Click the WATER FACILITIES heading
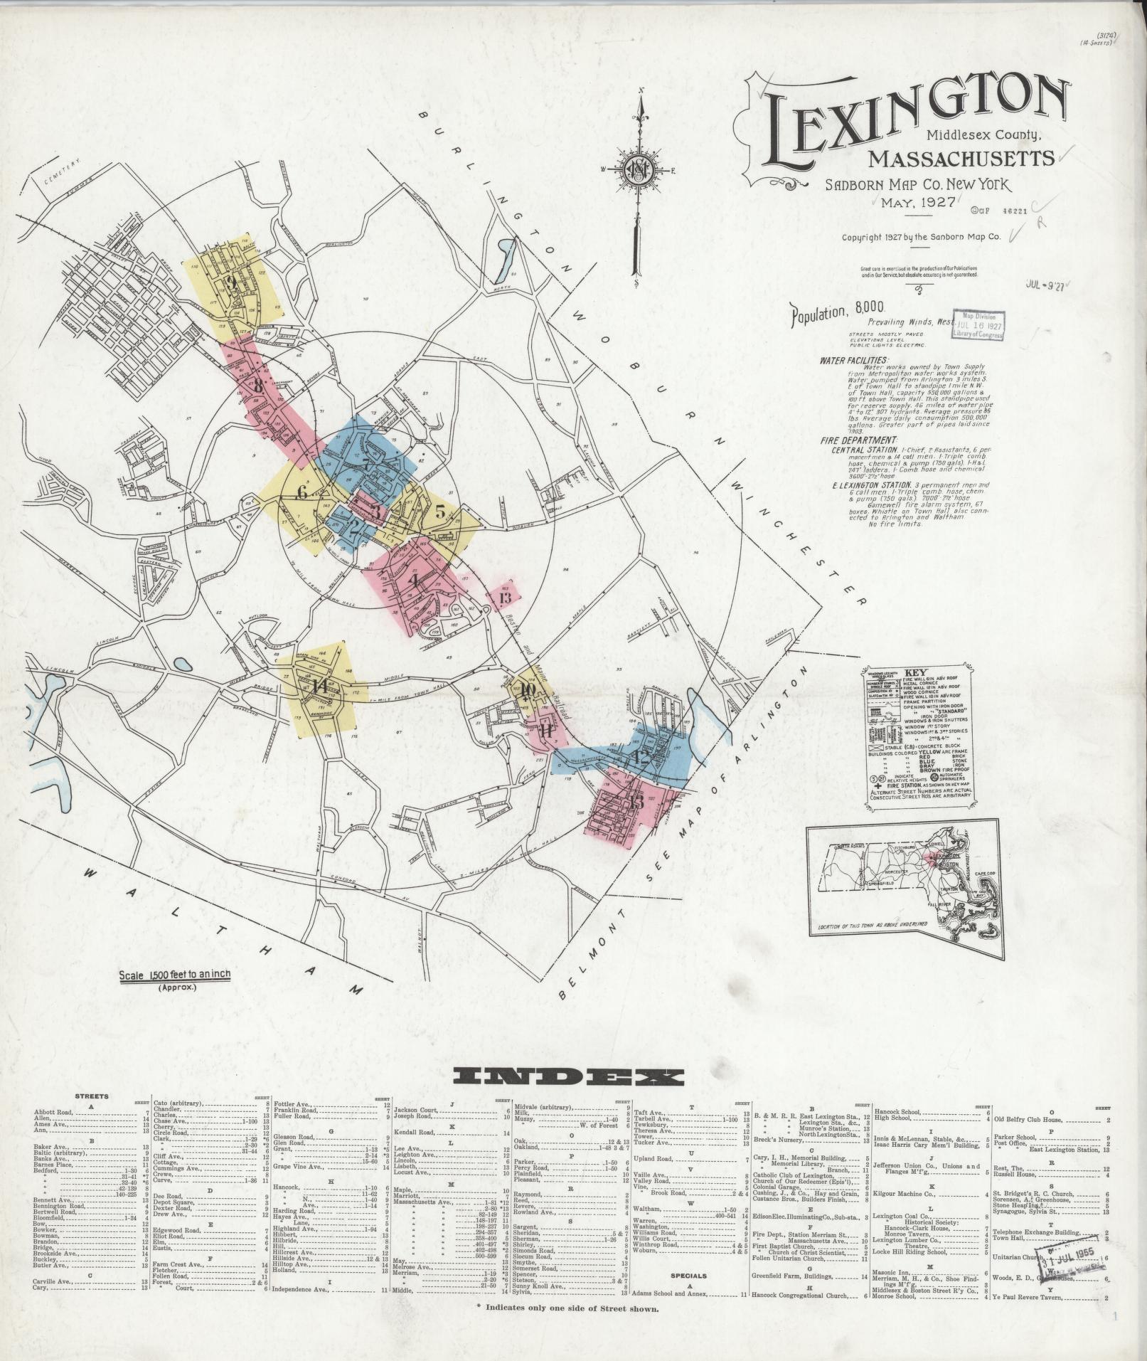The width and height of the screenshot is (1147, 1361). tap(853, 361)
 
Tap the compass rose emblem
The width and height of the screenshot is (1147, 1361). tap(636, 169)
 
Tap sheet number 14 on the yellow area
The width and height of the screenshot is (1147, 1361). tap(320, 687)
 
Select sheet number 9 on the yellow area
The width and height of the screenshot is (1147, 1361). tap(230, 281)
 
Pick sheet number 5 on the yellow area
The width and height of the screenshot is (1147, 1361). tap(440, 510)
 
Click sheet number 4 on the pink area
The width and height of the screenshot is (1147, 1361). tap(415, 580)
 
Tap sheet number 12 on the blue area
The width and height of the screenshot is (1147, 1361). tap(641, 758)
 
